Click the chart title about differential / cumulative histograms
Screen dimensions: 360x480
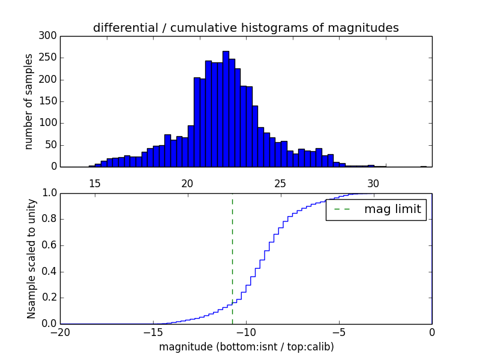coord(245,28)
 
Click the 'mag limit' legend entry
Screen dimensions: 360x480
coord(376,209)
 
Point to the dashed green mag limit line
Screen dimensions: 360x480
coord(232,258)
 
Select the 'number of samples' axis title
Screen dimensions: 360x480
coord(29,101)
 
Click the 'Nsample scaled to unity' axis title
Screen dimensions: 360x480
coord(31,259)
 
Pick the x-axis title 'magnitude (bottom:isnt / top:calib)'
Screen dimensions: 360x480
coord(246,347)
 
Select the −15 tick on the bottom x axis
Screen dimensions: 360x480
coord(153,332)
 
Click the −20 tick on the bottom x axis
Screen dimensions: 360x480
coord(60,332)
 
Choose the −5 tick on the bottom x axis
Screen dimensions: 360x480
coord(339,332)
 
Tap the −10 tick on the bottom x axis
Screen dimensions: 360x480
coord(246,332)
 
